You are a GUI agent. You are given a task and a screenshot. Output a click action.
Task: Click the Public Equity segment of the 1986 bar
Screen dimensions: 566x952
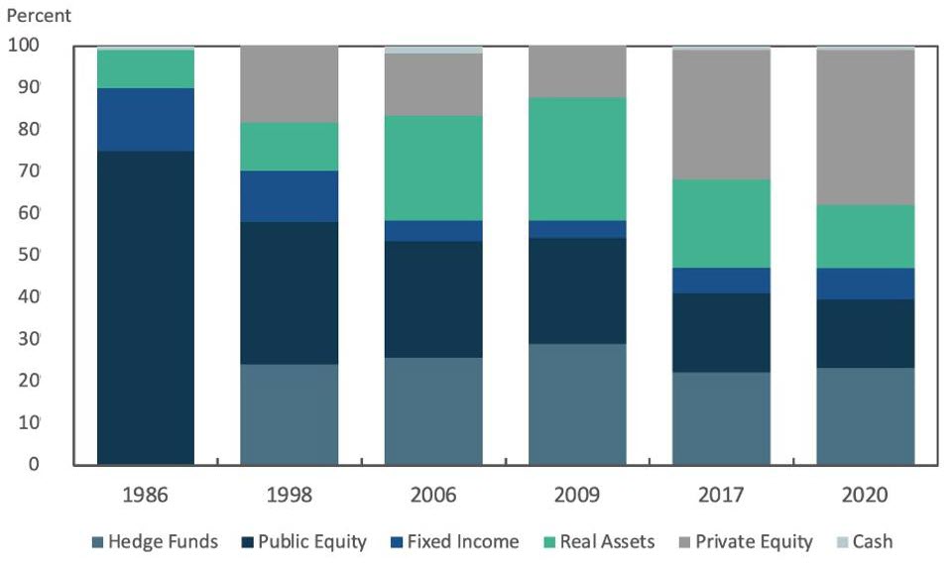pyautogui.click(x=146, y=307)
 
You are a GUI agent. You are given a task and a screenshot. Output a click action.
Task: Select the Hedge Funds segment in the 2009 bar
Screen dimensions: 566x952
pyautogui.click(x=577, y=403)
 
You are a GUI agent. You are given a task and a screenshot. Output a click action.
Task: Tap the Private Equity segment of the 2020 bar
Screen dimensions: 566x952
pyautogui.click(x=865, y=127)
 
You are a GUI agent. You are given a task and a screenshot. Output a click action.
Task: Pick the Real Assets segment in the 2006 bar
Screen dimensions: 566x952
pyautogui.click(x=433, y=169)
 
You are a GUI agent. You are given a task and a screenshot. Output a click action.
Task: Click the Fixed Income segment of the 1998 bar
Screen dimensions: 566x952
pyautogui.click(x=290, y=196)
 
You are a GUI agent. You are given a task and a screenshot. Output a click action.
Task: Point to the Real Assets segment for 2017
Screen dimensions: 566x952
pyautogui.click(x=721, y=223)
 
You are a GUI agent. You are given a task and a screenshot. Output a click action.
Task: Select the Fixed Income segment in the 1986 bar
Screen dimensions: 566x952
pyautogui.click(x=146, y=119)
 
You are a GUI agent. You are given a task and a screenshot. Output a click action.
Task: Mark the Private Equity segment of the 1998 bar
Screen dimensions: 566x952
pyautogui.click(x=290, y=84)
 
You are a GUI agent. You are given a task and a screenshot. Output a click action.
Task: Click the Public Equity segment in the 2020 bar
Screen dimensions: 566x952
pyautogui.click(x=865, y=333)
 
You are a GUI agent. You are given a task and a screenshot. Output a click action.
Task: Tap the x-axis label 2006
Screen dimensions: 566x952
pyautogui.click(x=433, y=495)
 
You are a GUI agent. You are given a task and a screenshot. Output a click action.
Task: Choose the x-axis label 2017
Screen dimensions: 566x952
pyautogui.click(x=721, y=495)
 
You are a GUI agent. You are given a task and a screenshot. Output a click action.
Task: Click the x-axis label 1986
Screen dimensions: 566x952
pyautogui.click(x=146, y=495)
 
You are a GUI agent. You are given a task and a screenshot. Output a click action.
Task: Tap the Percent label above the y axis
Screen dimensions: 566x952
pyautogui.click(x=39, y=17)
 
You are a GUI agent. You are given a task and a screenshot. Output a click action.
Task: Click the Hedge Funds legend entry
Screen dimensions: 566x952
pyautogui.click(x=155, y=541)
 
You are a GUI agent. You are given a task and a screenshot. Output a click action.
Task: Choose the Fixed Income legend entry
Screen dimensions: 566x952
pyautogui.click(x=457, y=541)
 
